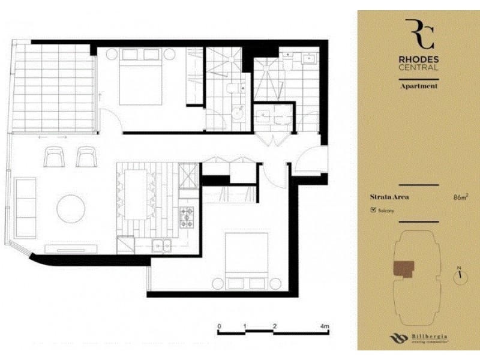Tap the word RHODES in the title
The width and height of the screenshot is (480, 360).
pyautogui.click(x=419, y=59)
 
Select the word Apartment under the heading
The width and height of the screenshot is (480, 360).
pyautogui.click(x=419, y=86)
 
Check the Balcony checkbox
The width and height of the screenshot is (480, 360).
pyautogui.click(x=374, y=211)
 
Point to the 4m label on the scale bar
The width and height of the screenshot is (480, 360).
pyautogui.click(x=325, y=326)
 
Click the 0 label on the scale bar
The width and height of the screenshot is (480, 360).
pyautogui.click(x=219, y=326)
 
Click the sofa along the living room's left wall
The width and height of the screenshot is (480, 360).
pyautogui.click(x=25, y=199)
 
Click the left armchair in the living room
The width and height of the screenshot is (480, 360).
pyautogui.click(x=56, y=157)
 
